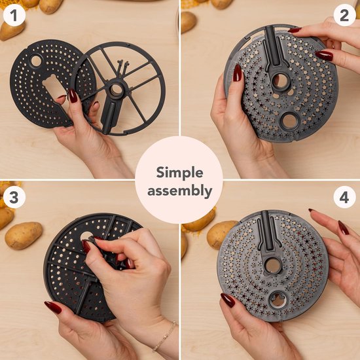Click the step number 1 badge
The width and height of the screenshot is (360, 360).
tap(14, 16)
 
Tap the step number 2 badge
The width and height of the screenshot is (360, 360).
tap(344, 16)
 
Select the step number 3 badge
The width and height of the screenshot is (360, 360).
tap(14, 197)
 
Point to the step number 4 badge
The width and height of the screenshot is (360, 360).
tap(344, 197)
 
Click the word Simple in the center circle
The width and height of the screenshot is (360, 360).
tap(180, 173)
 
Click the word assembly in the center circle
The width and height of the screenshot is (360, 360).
tap(180, 191)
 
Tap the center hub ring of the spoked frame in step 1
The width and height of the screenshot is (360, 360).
tap(116, 89)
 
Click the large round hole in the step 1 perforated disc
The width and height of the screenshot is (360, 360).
tap(36, 61)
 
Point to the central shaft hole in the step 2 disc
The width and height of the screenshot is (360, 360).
tap(280, 81)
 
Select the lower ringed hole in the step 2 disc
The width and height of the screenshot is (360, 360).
tap(289, 121)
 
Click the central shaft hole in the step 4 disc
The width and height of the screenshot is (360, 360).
tap(273, 265)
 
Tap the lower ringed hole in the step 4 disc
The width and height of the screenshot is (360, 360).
tap(278, 300)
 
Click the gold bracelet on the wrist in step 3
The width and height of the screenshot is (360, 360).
tap(165, 337)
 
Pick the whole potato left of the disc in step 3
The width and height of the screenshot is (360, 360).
tap(24, 236)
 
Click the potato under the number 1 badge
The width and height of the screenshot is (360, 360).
tap(12, 31)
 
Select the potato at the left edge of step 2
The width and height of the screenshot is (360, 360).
tap(189, 22)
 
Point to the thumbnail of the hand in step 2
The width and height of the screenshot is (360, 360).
tap(237, 73)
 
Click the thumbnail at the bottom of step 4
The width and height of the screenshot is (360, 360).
tap(228, 300)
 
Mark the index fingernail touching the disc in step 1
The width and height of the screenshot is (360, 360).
tap(73, 96)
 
